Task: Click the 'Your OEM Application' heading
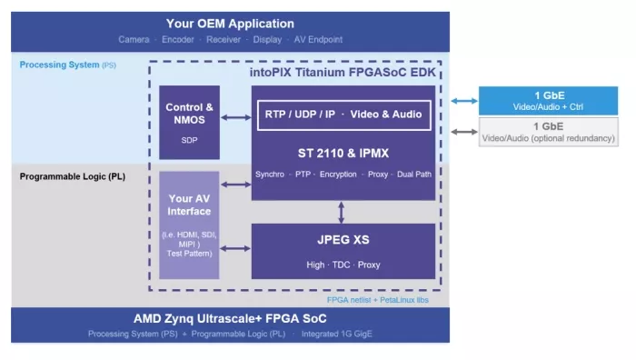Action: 230,24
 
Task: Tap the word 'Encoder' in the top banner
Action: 178,39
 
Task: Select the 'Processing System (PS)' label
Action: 68,65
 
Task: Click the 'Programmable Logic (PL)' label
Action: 73,176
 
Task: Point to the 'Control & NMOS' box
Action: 189,122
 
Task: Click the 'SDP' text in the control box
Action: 189,140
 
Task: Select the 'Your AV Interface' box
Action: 189,225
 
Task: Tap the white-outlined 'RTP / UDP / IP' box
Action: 344,115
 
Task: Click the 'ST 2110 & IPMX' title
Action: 343,154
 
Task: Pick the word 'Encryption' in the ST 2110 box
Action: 338,175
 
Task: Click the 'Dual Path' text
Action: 414,175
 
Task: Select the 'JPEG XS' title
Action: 343,240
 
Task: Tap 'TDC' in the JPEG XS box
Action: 341,265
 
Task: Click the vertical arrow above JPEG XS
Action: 341,212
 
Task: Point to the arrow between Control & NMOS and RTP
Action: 235,117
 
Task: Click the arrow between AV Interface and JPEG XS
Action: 235,248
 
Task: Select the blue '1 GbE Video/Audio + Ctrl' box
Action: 549,101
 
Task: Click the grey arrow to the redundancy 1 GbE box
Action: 464,132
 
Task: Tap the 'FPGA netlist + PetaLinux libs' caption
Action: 378,300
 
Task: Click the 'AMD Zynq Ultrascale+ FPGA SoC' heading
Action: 230,318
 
